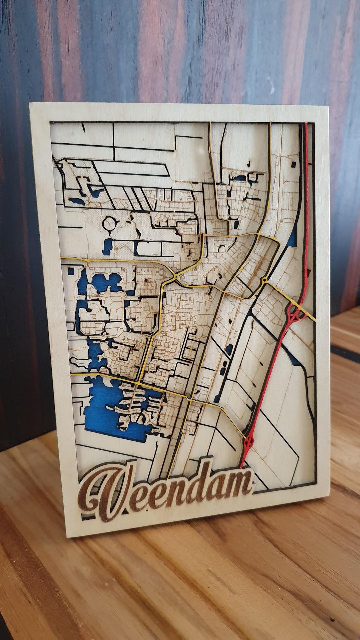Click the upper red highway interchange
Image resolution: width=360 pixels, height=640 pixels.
pos(293,313)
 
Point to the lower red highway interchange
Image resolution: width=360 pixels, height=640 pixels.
pos(248,442)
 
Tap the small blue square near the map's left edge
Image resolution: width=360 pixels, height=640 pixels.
pos(71,271)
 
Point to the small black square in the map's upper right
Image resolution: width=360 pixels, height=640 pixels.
pos(293,164)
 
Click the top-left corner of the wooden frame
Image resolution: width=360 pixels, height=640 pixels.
pos(30,104)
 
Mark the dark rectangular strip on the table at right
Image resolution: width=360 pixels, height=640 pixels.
pos(345,350)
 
